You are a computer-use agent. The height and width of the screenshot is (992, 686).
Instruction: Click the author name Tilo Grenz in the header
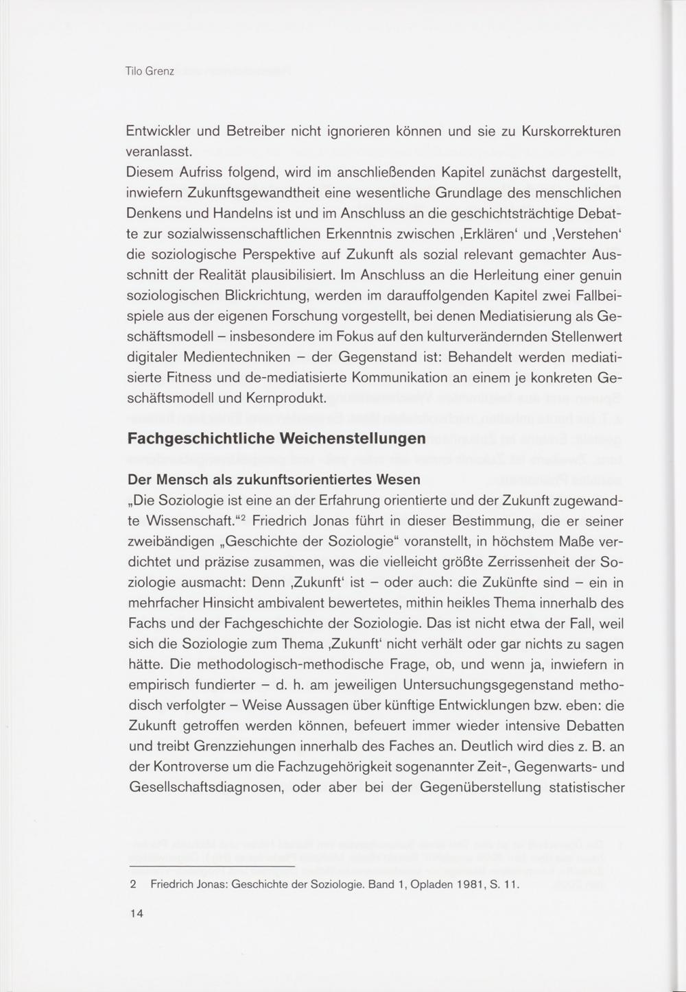click(x=146, y=72)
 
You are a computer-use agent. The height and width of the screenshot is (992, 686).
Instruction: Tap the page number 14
click(x=135, y=913)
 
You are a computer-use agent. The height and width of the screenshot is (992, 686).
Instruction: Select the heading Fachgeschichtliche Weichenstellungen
click(x=276, y=438)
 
